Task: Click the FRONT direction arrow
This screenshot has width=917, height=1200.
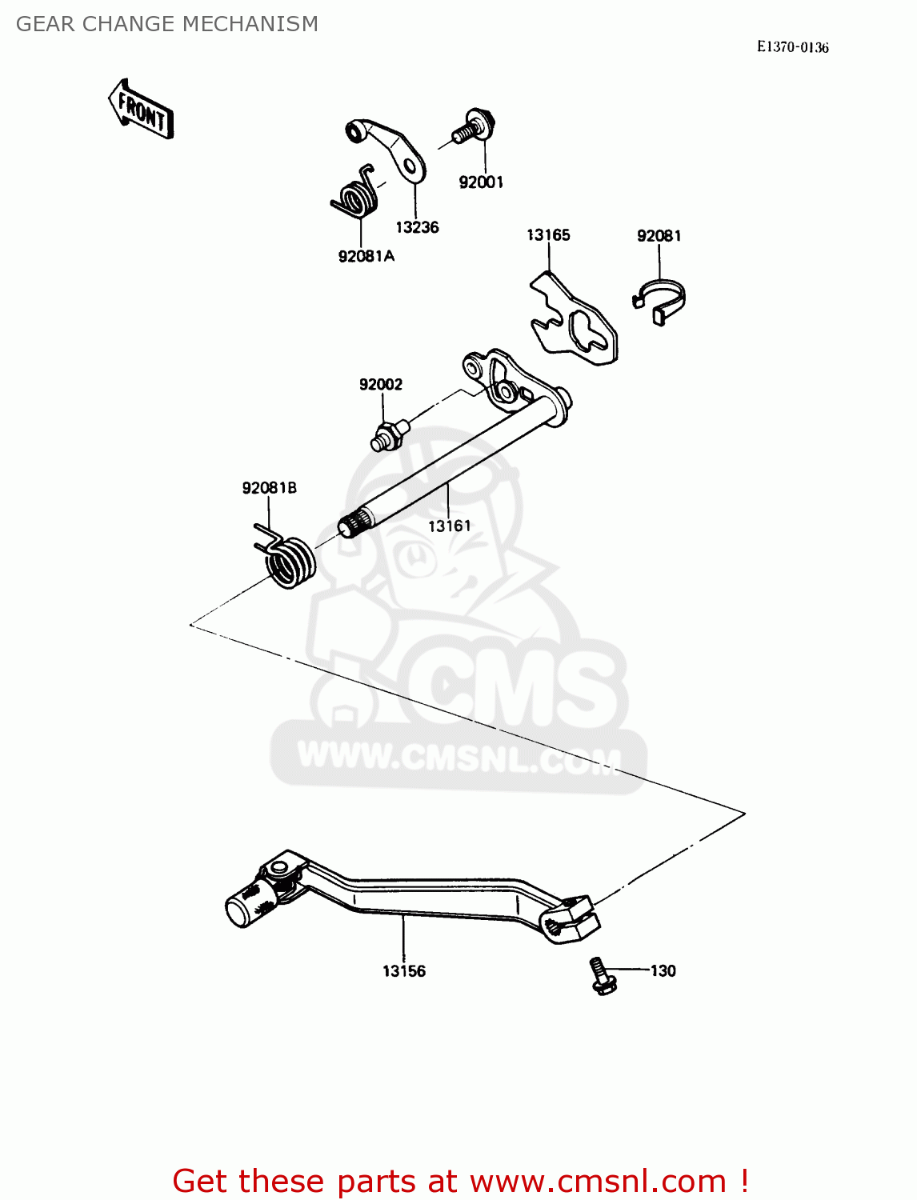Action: [x=141, y=110]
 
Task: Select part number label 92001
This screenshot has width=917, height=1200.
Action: [x=481, y=182]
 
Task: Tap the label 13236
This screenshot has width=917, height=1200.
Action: [x=417, y=227]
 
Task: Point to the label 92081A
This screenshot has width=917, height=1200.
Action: [x=366, y=256]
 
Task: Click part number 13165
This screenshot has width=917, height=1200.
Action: [x=548, y=235]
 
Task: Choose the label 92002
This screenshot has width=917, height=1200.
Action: [x=381, y=385]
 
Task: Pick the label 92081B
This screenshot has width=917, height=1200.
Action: [x=269, y=488]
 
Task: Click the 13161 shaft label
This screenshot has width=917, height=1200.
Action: [x=450, y=526]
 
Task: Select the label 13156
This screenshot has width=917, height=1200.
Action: [x=404, y=971]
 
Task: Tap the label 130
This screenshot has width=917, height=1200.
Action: [x=663, y=971]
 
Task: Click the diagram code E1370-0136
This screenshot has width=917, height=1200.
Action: [x=793, y=47]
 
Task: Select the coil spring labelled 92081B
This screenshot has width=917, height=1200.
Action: [x=288, y=559]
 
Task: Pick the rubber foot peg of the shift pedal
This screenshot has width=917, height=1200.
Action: [x=245, y=909]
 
